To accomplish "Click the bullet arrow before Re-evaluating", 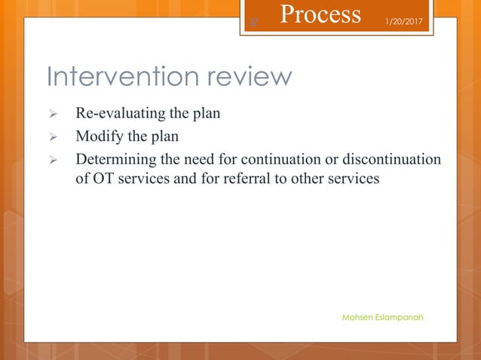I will pyautogui.click(x=53, y=115).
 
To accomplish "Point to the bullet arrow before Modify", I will pyautogui.click(x=53, y=138).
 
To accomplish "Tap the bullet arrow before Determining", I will pyautogui.click(x=53, y=160).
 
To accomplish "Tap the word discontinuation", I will pyautogui.click(x=392, y=160).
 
